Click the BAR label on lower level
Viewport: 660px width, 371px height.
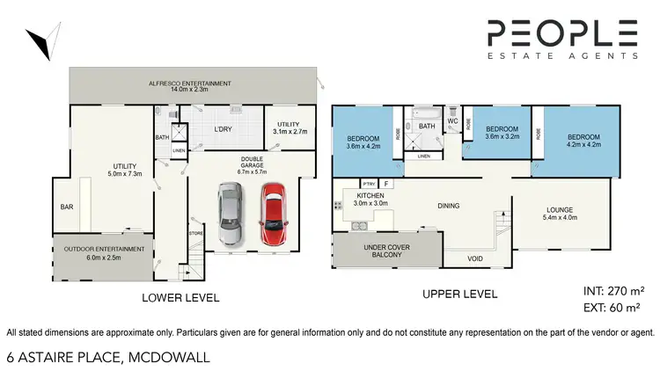coord(67,207)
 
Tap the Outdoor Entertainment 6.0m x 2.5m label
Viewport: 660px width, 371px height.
coord(104,253)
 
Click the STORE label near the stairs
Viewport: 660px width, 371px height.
coord(196,233)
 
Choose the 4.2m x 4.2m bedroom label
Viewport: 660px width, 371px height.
coord(583,142)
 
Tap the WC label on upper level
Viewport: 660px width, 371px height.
coord(453,122)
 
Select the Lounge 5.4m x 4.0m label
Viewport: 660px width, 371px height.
coord(560,214)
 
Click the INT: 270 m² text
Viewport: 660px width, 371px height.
coord(611,289)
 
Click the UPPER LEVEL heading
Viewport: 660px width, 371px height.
coord(459,295)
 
